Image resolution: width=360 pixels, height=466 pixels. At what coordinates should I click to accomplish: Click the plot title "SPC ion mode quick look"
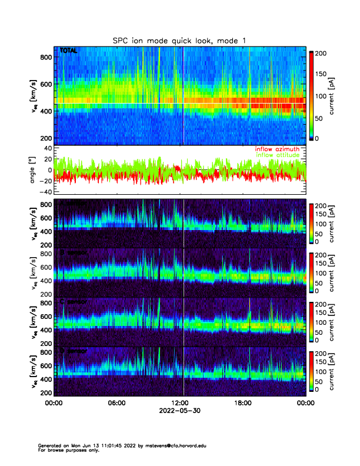(180, 40)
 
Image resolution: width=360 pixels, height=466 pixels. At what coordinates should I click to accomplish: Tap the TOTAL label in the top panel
(69, 51)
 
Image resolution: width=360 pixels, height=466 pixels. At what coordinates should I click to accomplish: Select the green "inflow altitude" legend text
(279, 155)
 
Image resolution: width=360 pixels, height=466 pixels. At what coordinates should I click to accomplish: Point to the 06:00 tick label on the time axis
(116, 403)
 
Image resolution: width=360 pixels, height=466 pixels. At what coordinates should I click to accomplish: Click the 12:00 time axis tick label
(179, 403)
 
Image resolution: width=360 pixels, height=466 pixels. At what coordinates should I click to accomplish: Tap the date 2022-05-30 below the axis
(179, 411)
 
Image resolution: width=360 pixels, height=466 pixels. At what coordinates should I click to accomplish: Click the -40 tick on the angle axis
(46, 192)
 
